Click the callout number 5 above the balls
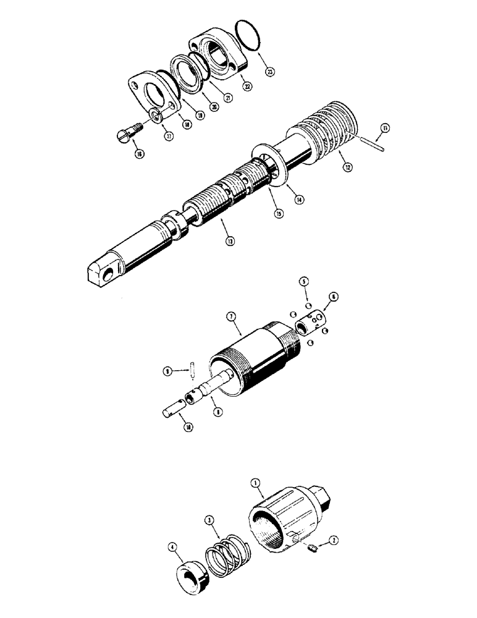click(x=304, y=281)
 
